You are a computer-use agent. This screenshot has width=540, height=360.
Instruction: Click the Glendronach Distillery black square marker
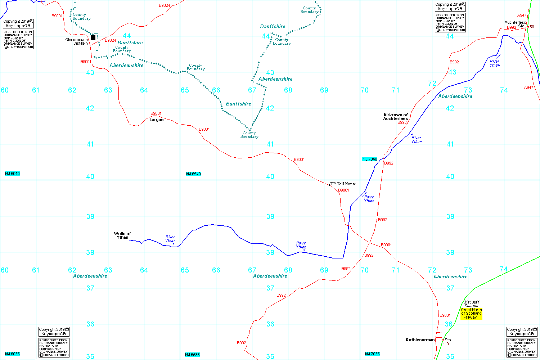(x=93, y=37)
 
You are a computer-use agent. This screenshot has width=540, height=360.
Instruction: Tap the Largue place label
(x=156, y=120)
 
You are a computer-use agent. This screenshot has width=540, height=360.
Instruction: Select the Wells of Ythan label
(x=122, y=235)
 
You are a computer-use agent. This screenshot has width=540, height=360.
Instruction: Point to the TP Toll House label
(x=343, y=184)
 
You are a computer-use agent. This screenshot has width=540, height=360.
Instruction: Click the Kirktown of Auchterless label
(x=396, y=117)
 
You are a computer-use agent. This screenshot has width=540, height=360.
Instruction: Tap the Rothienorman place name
(x=420, y=340)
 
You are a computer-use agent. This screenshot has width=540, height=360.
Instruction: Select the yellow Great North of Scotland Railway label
(x=471, y=314)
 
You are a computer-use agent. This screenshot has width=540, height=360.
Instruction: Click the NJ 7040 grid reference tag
(x=370, y=159)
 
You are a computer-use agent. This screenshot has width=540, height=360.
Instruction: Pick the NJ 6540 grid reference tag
(x=193, y=174)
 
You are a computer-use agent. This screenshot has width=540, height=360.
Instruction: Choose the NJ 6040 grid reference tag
(x=12, y=174)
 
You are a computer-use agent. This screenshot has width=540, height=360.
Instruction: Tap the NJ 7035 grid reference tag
(x=372, y=354)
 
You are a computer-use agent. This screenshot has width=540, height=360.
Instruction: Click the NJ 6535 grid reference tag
(x=192, y=355)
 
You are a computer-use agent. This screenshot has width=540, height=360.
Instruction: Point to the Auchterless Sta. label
(x=515, y=24)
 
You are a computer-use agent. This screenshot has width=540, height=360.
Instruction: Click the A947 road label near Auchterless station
(x=522, y=15)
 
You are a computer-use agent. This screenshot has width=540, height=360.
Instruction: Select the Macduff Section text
(x=472, y=304)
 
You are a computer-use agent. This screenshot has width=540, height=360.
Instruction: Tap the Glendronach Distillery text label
(x=77, y=41)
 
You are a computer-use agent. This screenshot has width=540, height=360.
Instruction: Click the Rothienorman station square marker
(x=443, y=340)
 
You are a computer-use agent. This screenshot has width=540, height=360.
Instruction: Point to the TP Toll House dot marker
(x=329, y=185)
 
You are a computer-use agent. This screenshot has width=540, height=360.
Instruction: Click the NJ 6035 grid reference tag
(x=12, y=354)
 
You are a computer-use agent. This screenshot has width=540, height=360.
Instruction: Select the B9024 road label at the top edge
(x=164, y=5)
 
